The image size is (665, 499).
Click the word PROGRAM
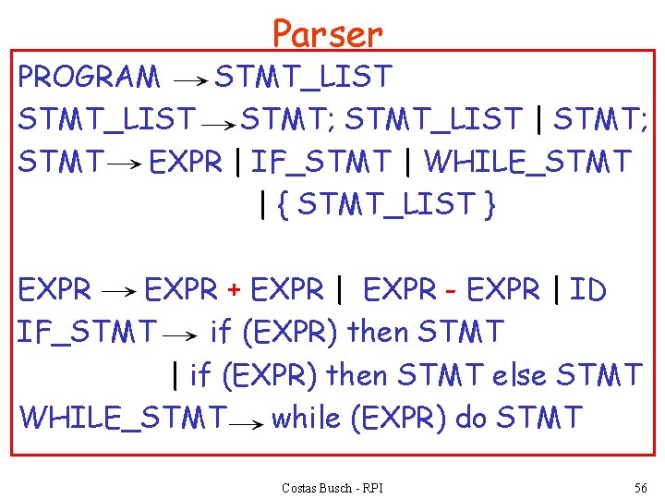tap(89, 78)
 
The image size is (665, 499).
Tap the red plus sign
tap(235, 291)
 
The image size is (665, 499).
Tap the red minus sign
tap(451, 291)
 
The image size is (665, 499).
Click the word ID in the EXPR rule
tap(587, 290)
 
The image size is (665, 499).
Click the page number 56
tap(640, 487)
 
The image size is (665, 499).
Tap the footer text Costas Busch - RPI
tap(332, 487)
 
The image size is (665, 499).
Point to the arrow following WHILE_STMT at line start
tap(245, 422)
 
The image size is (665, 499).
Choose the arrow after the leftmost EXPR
tap(117, 293)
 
